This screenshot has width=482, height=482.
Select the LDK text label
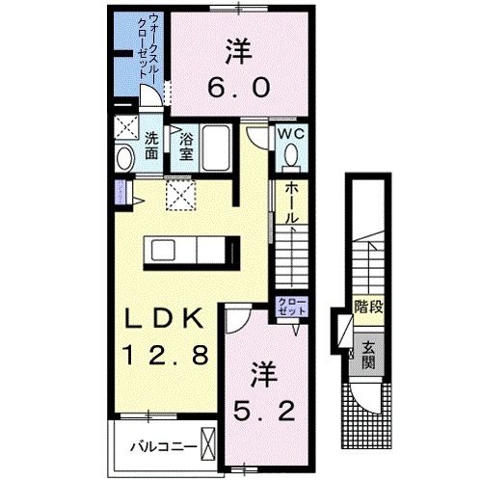pyautogui.click(x=162, y=319)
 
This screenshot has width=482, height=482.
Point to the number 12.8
pyautogui.click(x=162, y=354)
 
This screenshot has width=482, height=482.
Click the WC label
pyautogui.click(x=292, y=136)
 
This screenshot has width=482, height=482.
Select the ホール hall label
pyautogui.click(x=289, y=205)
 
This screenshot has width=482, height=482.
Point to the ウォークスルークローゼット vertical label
pyautogui.click(x=149, y=48)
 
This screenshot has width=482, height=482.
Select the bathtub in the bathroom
pyautogui.click(x=216, y=148)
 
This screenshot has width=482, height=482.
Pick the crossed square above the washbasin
pyautogui.click(x=124, y=126)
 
